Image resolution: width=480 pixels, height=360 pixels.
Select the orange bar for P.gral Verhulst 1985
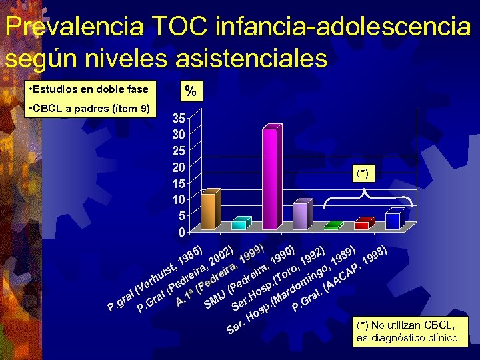tap(209, 211)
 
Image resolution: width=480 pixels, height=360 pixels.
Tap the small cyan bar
tap(239, 225)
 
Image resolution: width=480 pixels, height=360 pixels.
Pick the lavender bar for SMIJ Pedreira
tap(300, 216)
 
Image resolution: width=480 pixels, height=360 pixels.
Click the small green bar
tap(331, 227)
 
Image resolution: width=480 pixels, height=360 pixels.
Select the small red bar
tap(362, 225)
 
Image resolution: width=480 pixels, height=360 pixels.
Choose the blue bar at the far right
tap(393, 221)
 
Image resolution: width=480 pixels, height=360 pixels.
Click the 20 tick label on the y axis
tap(179, 167)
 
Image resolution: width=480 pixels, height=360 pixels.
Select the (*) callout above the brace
tap(363, 174)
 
